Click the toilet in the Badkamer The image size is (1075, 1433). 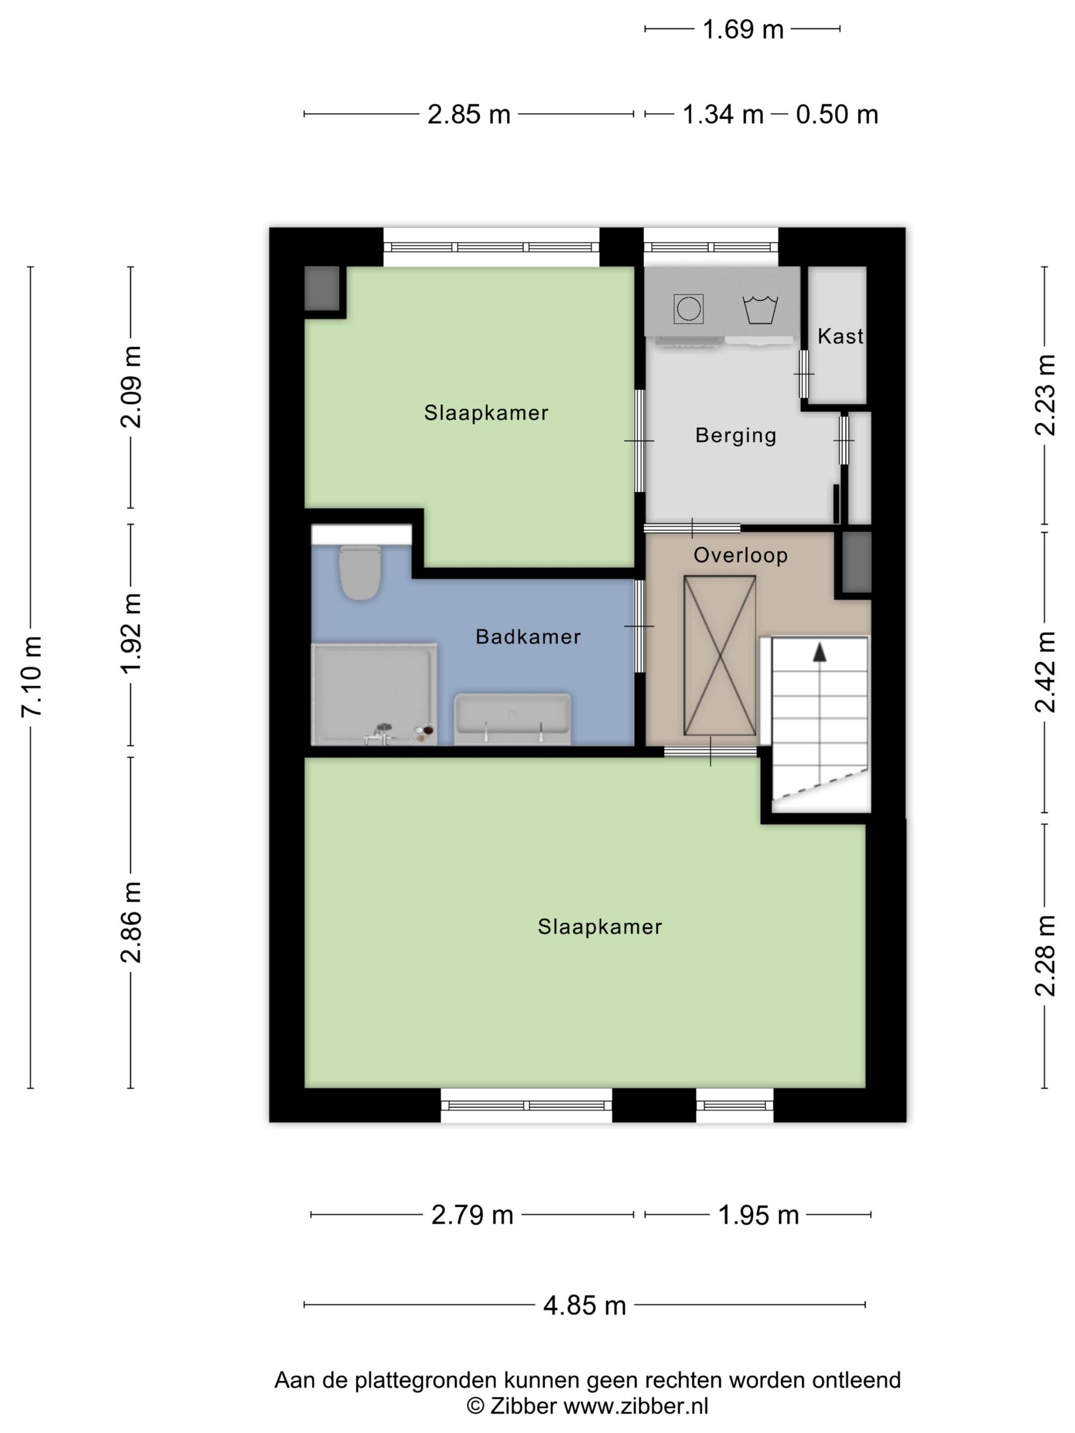pyautogui.click(x=360, y=572)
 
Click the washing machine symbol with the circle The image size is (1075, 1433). pyautogui.click(x=688, y=309)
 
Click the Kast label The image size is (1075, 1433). pyautogui.click(x=841, y=336)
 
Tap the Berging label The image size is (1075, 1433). pyautogui.click(x=736, y=436)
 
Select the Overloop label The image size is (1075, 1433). pyautogui.click(x=741, y=555)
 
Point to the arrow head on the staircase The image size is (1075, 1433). pyautogui.click(x=820, y=652)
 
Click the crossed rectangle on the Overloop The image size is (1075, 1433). pyautogui.click(x=720, y=656)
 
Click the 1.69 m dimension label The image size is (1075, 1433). pyautogui.click(x=743, y=29)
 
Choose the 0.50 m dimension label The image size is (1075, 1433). pyautogui.click(x=836, y=115)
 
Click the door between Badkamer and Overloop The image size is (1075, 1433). pyautogui.click(x=639, y=626)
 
